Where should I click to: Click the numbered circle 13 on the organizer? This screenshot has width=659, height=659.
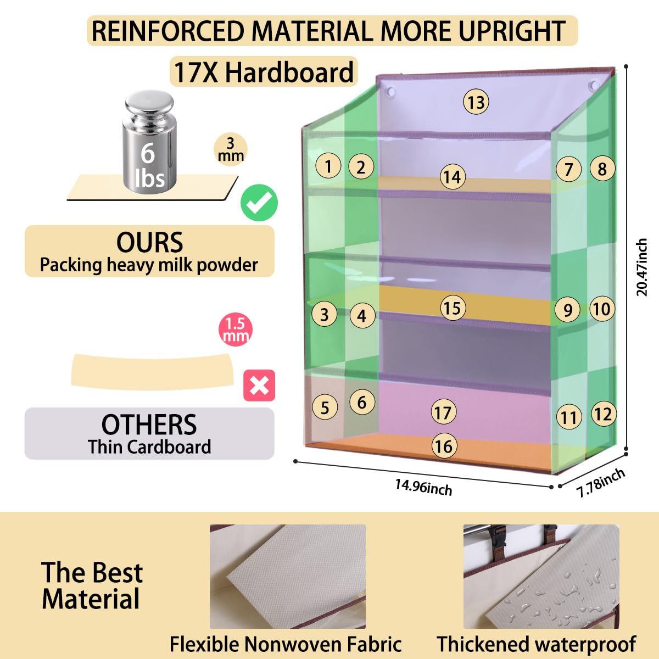point(476,102)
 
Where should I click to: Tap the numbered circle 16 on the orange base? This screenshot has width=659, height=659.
point(444,446)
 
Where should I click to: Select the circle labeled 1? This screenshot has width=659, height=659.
point(328,166)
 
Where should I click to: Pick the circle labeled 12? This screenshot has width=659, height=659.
point(604,414)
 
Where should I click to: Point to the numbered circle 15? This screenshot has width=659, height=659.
point(453,308)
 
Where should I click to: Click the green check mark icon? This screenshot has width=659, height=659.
point(259,203)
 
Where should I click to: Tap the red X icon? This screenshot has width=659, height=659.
point(259,386)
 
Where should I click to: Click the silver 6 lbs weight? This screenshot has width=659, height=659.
point(149,142)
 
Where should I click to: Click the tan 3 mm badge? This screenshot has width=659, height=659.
point(231,149)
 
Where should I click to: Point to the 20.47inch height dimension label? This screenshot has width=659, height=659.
point(642,267)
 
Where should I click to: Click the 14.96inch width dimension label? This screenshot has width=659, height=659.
point(423,487)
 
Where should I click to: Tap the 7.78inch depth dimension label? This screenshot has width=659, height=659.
point(601,483)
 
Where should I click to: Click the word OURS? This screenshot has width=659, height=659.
point(149,243)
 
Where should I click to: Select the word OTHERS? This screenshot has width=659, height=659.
point(149,425)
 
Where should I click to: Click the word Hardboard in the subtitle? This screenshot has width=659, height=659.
point(289,72)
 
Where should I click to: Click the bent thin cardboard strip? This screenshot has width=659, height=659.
point(153,372)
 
